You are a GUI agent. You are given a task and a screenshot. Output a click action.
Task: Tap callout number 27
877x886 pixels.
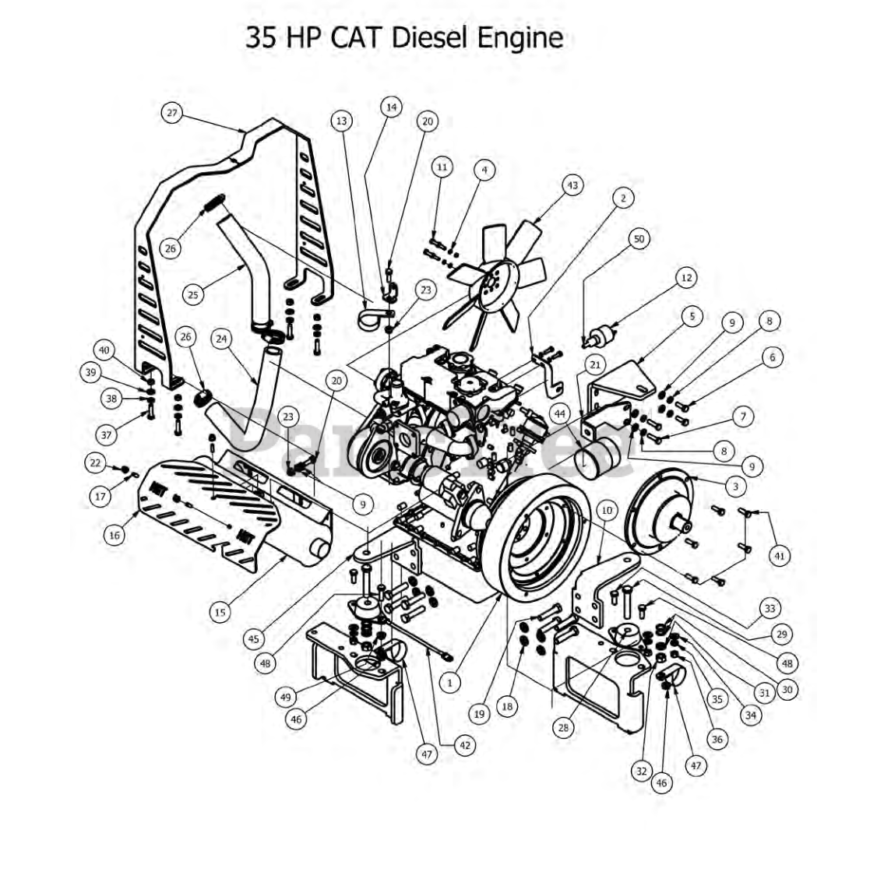tap(172, 113)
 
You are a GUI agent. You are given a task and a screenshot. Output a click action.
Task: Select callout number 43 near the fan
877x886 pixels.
tap(572, 185)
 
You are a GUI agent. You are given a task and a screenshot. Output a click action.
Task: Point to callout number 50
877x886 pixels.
tap(639, 239)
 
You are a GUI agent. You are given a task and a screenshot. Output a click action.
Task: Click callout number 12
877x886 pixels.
tap(685, 277)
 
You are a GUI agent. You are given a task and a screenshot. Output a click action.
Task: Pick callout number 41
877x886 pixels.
tap(780, 555)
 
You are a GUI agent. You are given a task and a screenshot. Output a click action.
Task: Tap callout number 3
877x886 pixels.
tap(734, 486)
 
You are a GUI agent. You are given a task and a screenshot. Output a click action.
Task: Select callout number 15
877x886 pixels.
tap(220, 612)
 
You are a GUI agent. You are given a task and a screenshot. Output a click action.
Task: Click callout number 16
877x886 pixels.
tap(115, 535)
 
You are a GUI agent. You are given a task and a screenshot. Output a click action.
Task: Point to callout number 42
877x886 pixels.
tap(465, 745)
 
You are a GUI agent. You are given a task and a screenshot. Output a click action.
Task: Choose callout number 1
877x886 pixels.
tap(449, 682)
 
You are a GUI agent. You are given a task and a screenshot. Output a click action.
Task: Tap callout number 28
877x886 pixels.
tap(563, 728)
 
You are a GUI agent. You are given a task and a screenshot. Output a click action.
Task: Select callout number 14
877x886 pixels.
tap(391, 107)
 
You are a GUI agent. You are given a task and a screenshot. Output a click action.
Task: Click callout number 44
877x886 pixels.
tap(559, 414)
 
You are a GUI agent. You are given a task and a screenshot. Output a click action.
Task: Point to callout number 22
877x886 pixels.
tap(95, 463)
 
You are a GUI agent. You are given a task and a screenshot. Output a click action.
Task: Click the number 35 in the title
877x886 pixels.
tap(261, 37)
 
